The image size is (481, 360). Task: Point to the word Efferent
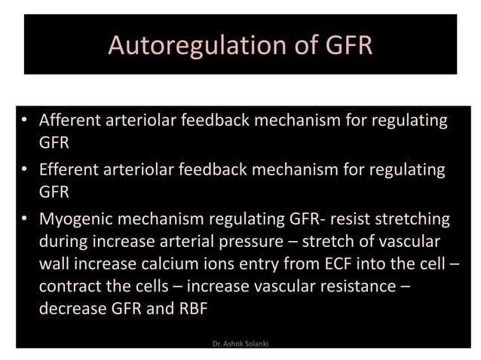70,170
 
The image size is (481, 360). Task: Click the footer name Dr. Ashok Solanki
240,343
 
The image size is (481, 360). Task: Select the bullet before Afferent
26,121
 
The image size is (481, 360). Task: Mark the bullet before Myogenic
26,220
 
